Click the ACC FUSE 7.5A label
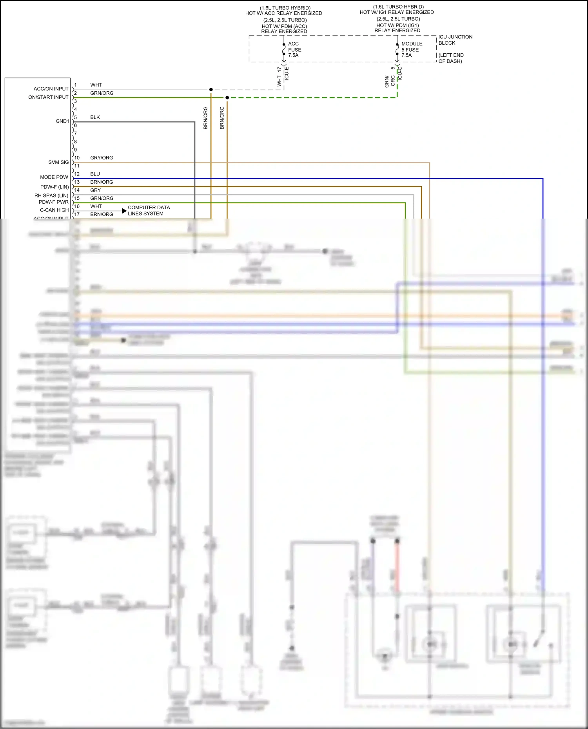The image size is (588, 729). click(294, 49)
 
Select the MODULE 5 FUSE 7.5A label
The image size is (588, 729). click(411, 49)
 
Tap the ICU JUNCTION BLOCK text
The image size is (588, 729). click(455, 40)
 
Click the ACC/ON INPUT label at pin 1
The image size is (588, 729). click(51, 89)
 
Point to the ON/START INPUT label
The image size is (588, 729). click(48, 97)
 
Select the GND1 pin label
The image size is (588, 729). click(62, 121)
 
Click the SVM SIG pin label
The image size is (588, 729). click(58, 162)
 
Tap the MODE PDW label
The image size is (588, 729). click(54, 177)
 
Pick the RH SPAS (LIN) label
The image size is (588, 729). click(51, 195)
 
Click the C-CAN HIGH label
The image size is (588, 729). click(54, 210)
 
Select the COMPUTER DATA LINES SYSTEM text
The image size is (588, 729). click(149, 210)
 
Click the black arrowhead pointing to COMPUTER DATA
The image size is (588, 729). click(124, 211)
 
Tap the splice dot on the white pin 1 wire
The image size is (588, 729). click(211, 90)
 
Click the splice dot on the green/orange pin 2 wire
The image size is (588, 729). click(227, 98)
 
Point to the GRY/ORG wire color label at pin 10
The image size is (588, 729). click(102, 158)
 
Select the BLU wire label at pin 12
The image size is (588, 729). click(95, 174)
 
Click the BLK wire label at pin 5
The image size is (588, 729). click(95, 117)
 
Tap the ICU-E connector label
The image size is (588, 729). click(287, 73)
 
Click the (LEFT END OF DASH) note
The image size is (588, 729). click(450, 58)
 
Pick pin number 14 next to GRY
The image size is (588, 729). click(77, 190)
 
